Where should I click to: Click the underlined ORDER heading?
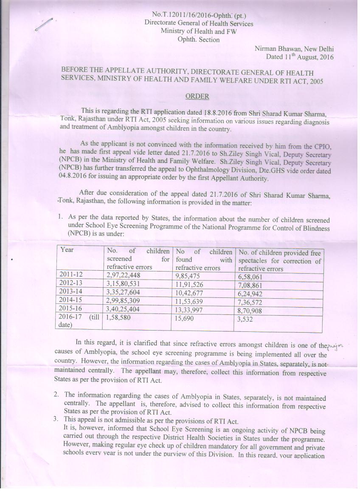pos(197,96)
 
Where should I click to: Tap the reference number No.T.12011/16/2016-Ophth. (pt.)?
pos(198,16)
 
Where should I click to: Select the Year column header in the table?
pos(67,250)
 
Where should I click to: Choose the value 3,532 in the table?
pos(246,319)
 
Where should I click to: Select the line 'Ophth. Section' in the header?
pos(199,39)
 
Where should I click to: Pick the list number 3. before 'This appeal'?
pos(56,420)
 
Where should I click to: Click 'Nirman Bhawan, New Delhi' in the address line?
pos(294,48)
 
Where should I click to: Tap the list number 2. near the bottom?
pos(56,395)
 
